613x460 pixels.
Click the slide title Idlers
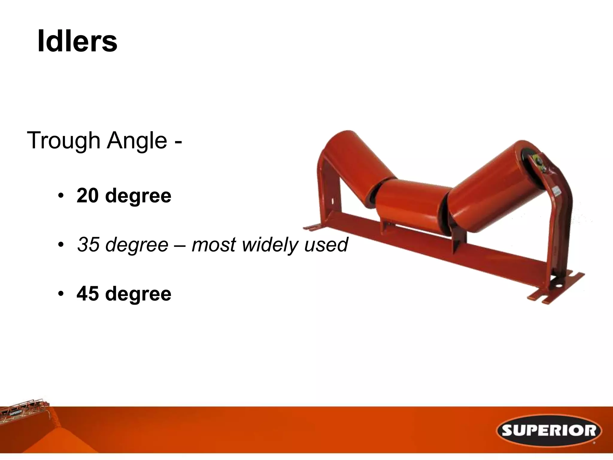point(77,41)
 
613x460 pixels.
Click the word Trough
point(63,140)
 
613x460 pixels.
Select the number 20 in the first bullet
point(87,196)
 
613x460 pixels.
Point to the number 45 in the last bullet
point(87,293)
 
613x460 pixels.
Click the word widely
point(269,244)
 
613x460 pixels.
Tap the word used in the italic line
point(326,244)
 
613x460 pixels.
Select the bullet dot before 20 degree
point(61,196)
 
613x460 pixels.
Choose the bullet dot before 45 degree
point(61,294)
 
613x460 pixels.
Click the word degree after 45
point(138,293)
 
